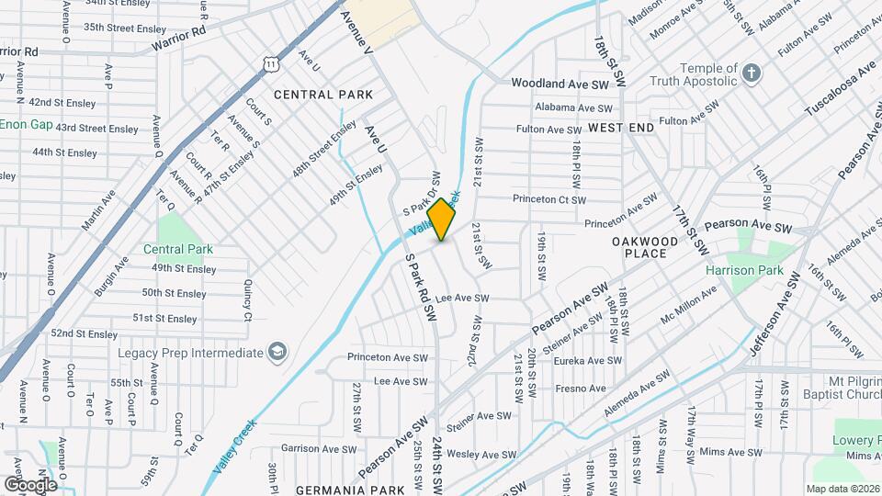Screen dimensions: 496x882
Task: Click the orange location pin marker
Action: coord(442,219)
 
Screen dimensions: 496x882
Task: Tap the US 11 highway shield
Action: coord(268,62)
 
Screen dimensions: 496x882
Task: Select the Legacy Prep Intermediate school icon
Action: coord(277,353)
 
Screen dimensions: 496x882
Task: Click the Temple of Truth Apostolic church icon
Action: coord(752,73)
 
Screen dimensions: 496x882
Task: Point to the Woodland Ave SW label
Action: coord(560,84)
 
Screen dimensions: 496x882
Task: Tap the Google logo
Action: coord(30,484)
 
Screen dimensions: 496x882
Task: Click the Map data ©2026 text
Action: coord(842,489)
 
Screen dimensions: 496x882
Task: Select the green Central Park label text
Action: coord(178,249)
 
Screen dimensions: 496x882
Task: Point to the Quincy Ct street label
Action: coord(247,302)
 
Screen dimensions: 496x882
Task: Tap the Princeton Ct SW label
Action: coord(548,199)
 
